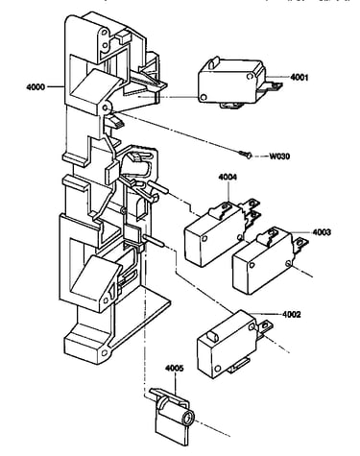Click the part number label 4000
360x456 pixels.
tap(36, 86)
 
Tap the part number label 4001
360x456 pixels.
tap(300, 77)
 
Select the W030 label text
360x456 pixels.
tap(279, 156)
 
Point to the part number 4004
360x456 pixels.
tap(228, 177)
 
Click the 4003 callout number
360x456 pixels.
tap(322, 232)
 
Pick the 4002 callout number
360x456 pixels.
tap(292, 315)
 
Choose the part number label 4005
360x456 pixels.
tap(175, 369)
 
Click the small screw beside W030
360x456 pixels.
tap(246, 155)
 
